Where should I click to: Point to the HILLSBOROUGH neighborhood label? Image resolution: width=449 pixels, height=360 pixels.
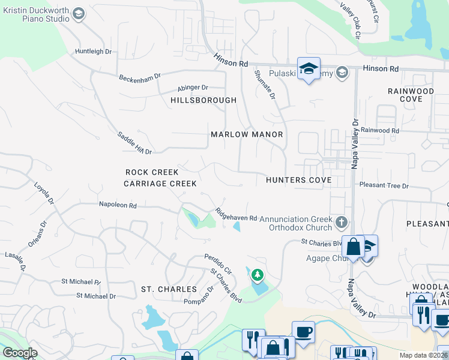click(x=203, y=100)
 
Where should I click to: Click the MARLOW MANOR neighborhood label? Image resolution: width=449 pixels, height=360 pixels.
click(x=247, y=134)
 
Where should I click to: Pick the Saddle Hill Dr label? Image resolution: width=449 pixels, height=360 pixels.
click(x=134, y=143)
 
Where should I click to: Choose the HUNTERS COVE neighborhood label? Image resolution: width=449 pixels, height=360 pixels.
click(x=298, y=180)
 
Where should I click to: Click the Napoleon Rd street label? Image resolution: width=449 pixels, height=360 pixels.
click(x=118, y=205)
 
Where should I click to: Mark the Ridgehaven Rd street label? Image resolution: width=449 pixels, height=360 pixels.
click(x=237, y=214)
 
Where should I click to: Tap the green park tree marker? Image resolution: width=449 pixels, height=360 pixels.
click(x=258, y=275)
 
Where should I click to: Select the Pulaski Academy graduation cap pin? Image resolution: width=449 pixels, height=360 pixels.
click(x=309, y=69)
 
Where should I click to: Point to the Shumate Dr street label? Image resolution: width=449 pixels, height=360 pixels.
click(x=265, y=84)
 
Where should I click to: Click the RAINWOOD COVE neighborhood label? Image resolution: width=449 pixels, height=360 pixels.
click(x=411, y=94)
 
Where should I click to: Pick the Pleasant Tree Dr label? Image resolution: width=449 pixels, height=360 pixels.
click(x=384, y=186)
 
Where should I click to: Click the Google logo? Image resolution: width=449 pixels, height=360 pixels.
click(x=20, y=353)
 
